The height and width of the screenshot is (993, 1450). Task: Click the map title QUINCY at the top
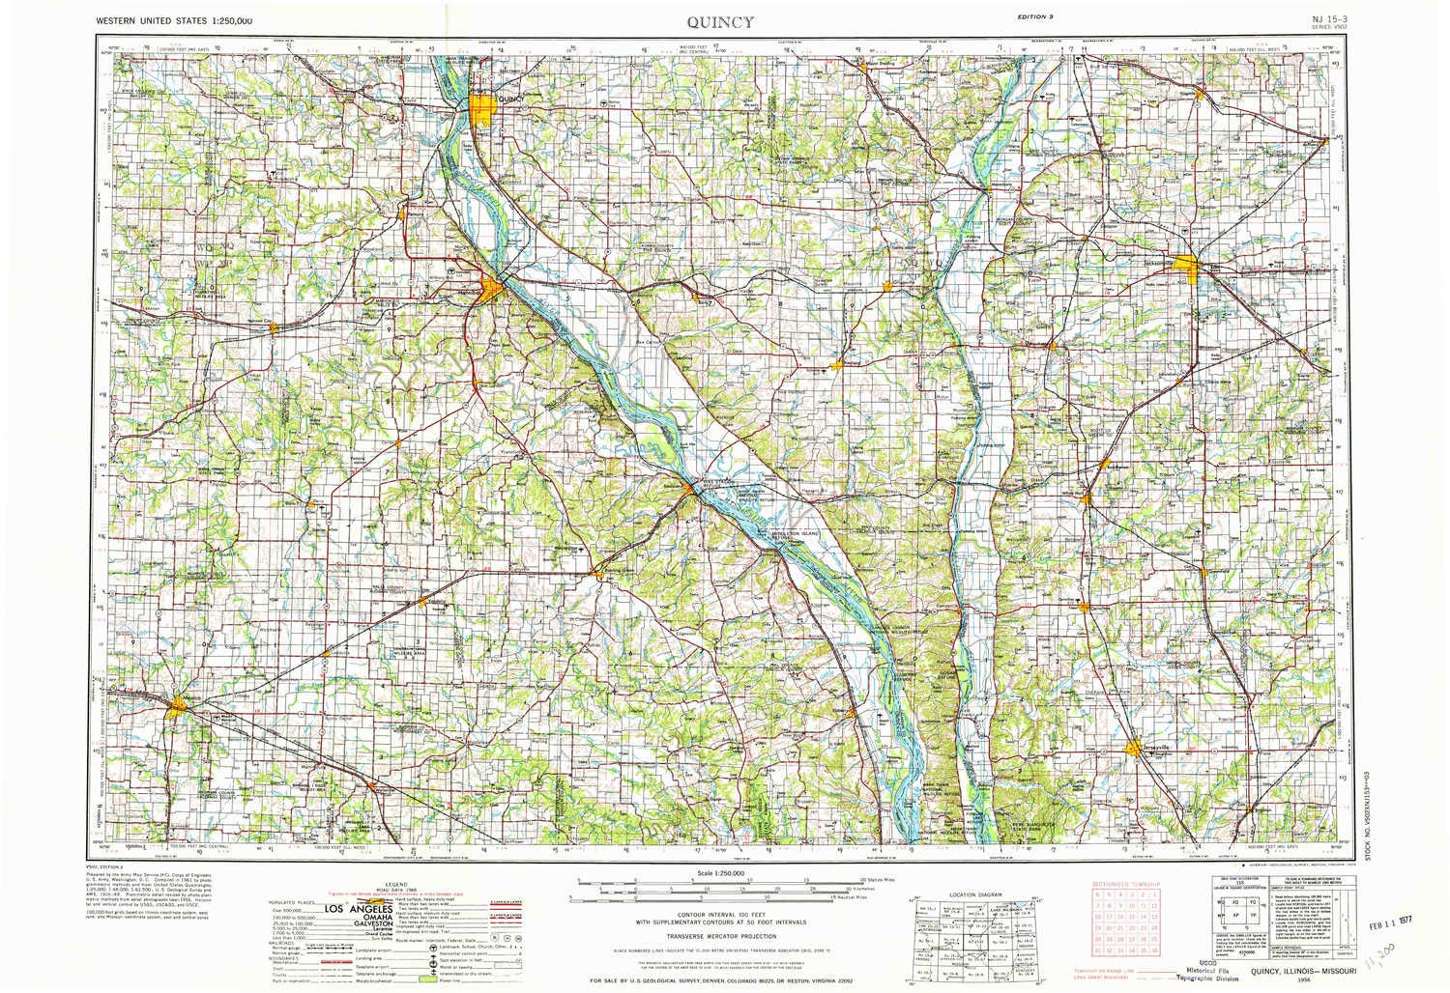coord(723,20)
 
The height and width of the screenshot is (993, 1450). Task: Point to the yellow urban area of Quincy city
coord(483,107)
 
